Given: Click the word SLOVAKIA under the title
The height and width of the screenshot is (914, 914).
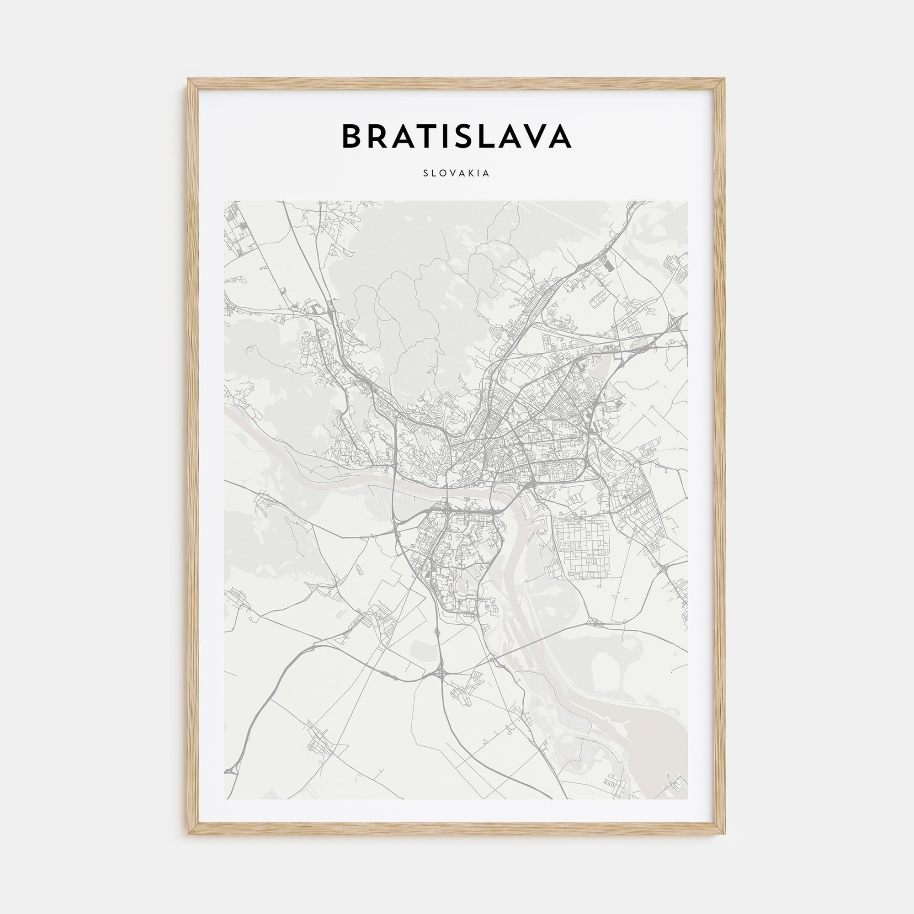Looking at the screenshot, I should click(457, 174).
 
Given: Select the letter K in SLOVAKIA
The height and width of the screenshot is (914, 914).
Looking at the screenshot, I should click(475, 174).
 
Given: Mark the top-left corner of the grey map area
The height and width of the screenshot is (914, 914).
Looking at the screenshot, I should click(225, 202).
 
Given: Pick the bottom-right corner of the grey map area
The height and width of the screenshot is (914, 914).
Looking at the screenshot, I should click(688, 798).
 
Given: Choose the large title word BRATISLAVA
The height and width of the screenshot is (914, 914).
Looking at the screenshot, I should click(457, 136).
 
